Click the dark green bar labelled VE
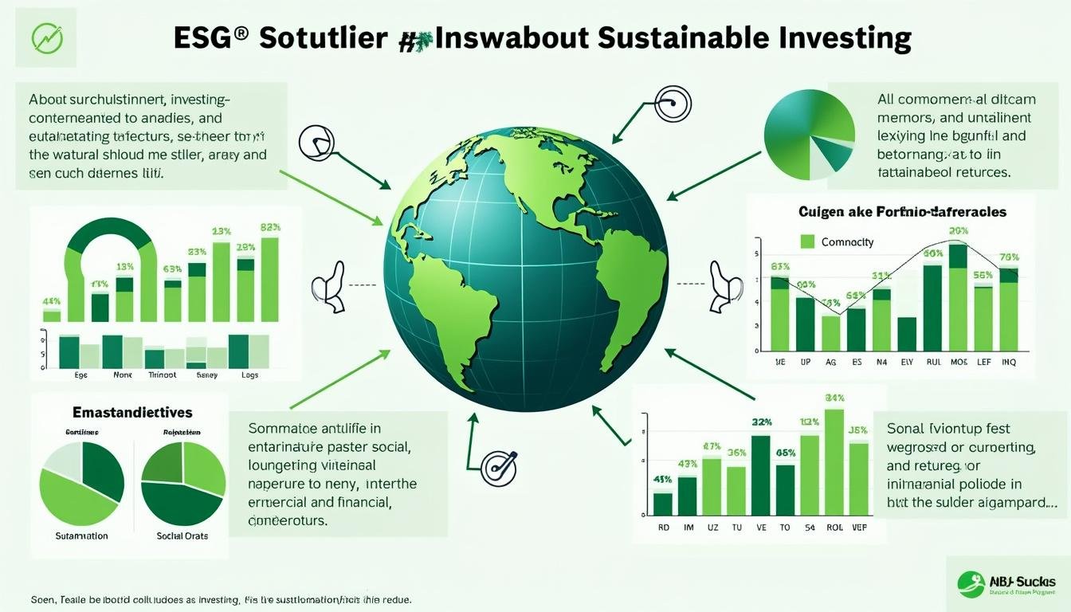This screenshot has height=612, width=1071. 761,475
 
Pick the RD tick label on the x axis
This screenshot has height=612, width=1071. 663,528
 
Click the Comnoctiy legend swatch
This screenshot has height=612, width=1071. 808,241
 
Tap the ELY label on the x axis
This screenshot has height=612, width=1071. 907,361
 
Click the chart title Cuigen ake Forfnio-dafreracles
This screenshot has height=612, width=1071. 902,212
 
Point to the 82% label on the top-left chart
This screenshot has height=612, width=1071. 270,227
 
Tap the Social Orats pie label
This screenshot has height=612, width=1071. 182,536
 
